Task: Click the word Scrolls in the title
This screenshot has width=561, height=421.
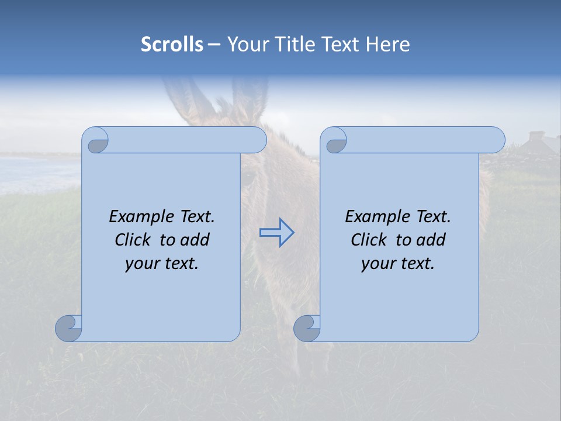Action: point(172,44)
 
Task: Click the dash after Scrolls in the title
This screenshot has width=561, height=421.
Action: point(214,45)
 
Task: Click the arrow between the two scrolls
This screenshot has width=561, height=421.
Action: point(276,233)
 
